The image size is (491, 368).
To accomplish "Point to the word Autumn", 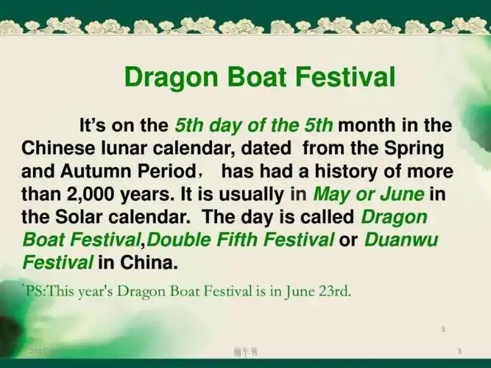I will (98, 172).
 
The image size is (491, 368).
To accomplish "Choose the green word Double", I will (185, 240).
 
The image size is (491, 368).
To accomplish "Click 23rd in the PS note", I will (334, 291).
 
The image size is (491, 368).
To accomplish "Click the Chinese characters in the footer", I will (245, 350).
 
